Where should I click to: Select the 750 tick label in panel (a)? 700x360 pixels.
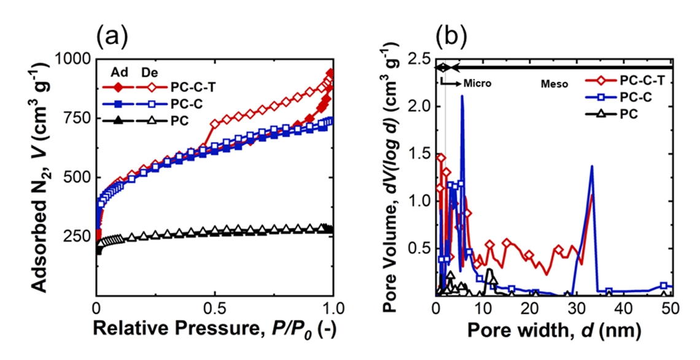point(78,119)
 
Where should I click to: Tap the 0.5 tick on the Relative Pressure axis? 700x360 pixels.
point(214,307)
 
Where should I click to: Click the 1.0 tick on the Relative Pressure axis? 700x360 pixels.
point(332,307)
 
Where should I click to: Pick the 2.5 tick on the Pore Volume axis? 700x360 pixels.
point(418,60)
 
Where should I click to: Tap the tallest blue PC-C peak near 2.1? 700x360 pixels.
point(462,96)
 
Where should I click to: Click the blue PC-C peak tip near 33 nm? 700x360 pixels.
point(592,166)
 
